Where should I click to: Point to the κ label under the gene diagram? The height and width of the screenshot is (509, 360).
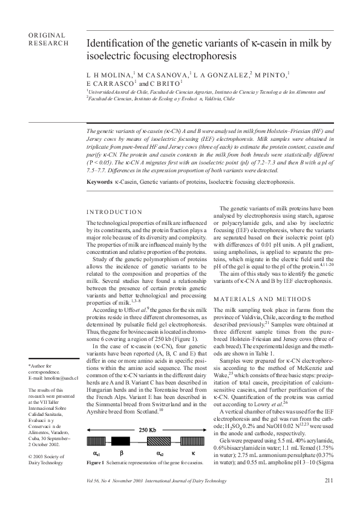[x=194, y=452]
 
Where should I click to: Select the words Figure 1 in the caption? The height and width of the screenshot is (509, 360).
[x=96, y=463]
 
